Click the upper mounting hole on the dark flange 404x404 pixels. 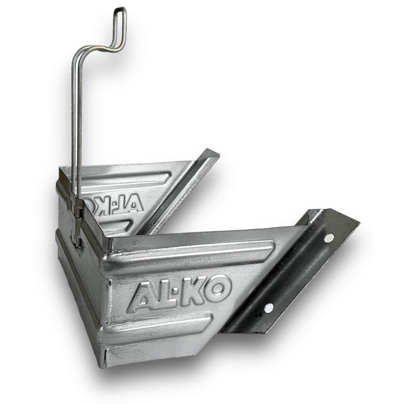(x=328, y=238)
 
